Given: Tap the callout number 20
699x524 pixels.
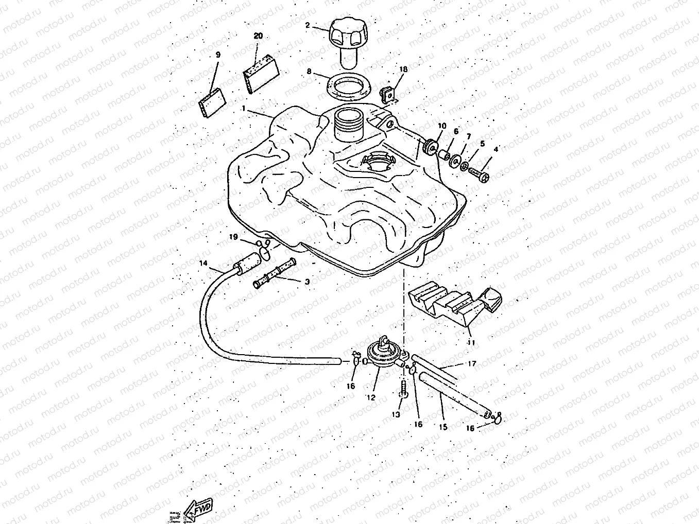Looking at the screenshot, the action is (x=258, y=36).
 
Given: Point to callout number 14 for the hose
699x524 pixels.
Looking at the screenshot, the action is (x=204, y=263).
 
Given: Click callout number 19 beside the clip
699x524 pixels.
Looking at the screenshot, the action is (x=233, y=237).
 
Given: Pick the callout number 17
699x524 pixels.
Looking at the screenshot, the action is (x=472, y=364).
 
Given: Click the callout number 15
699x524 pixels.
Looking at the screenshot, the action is (x=442, y=427).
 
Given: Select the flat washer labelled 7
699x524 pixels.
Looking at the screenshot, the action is (x=455, y=160).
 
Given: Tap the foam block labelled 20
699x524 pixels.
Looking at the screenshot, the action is (x=260, y=75).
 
